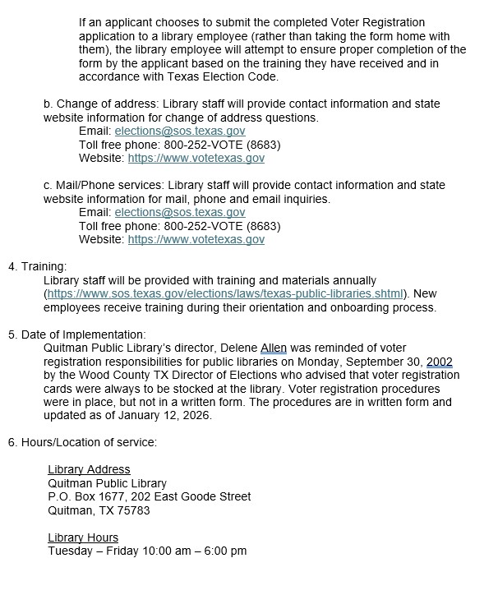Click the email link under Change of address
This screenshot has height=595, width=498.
179,131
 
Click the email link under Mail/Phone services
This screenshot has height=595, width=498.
179,213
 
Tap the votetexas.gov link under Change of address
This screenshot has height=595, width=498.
196,159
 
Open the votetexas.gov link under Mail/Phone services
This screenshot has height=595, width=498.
196,240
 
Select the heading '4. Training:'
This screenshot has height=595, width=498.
38,267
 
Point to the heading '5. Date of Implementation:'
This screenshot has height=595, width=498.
77,334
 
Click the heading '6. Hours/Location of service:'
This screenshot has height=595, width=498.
82,442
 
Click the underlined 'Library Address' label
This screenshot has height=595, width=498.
89,470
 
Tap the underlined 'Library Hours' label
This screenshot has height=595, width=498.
83,537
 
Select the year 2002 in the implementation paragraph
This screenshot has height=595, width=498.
438,362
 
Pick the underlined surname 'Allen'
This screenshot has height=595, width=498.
274,348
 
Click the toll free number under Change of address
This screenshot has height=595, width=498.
223,145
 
